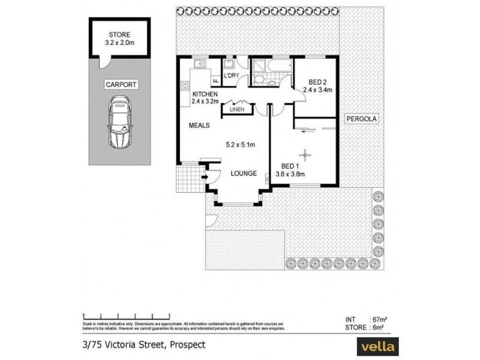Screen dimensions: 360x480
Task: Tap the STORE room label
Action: tap(119, 35)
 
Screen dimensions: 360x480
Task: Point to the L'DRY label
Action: tap(231, 77)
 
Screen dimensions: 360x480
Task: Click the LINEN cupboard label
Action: tap(236, 109)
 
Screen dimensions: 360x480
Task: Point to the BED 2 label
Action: tap(317, 82)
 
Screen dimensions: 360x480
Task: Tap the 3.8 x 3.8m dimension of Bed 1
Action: tap(290, 174)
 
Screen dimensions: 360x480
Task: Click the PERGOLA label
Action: tap(362, 119)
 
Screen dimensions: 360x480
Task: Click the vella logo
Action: tap(377, 347)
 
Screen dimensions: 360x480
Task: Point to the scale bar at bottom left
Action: tap(120, 314)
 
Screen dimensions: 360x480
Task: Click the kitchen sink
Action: tap(199, 62)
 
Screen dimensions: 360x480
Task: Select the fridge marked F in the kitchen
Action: tap(214, 79)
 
